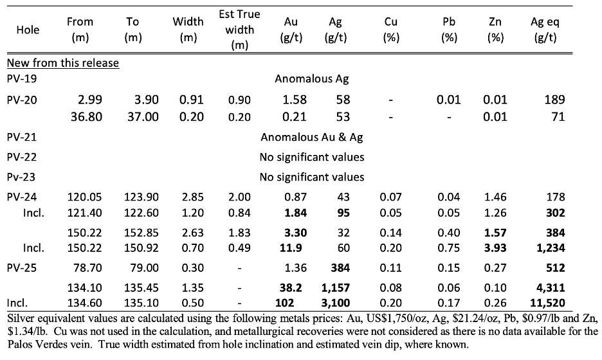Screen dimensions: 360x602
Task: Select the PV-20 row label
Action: coord(23,100)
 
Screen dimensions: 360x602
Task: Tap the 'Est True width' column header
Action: coord(239,30)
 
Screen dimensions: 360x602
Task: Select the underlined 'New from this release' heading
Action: coord(62,63)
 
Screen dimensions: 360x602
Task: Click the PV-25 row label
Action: coord(23,267)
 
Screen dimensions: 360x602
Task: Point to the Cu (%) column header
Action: coord(391,30)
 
